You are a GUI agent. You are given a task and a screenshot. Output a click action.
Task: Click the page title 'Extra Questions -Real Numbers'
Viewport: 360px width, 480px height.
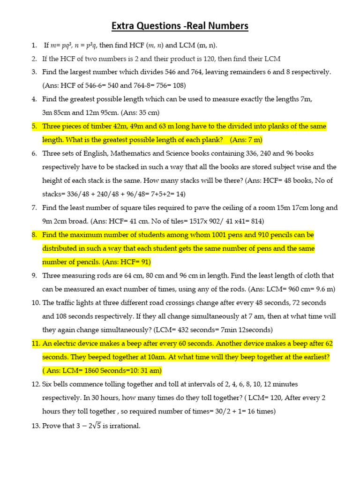click(180, 26)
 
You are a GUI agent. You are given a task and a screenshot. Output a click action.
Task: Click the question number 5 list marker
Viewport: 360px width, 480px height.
click(34, 127)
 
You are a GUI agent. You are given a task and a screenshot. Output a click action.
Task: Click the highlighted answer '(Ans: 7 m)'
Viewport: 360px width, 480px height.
click(246, 140)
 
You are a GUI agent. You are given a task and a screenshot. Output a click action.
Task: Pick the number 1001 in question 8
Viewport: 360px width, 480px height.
click(221, 235)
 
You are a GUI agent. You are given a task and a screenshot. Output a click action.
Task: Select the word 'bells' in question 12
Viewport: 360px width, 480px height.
click(61, 384)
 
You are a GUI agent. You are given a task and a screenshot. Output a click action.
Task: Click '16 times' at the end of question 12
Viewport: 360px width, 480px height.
click(261, 412)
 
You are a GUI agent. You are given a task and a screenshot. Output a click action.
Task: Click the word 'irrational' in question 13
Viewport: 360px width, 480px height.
click(123, 426)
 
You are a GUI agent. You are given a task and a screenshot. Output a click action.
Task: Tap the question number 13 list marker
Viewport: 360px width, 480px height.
click(36, 426)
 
